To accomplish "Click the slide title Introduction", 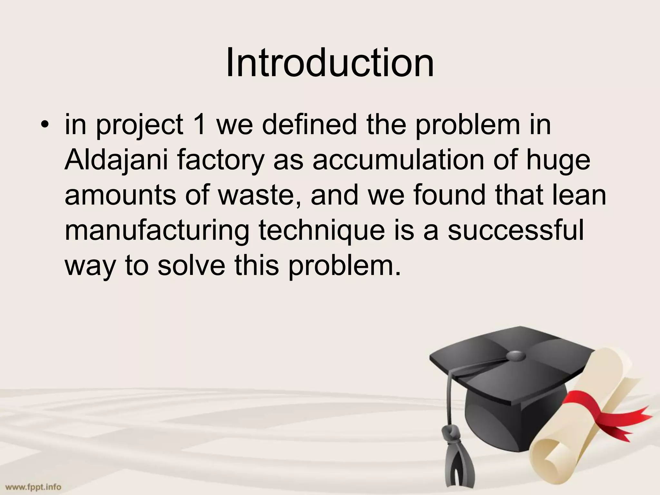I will [330, 63].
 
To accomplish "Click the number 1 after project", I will [200, 125].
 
